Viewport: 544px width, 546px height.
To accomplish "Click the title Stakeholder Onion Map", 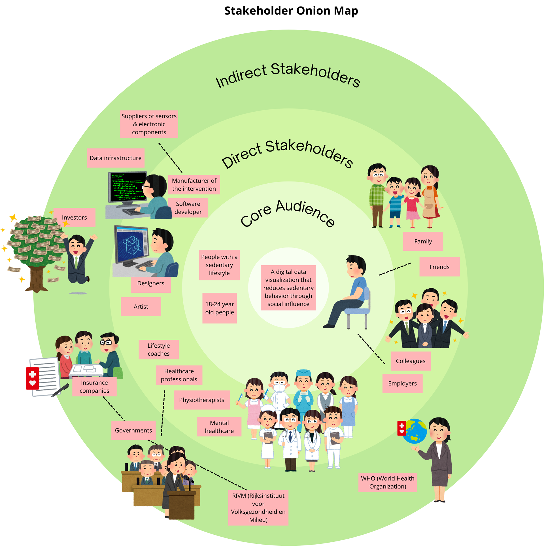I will point(291,11).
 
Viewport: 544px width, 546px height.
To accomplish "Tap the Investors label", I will point(74,217).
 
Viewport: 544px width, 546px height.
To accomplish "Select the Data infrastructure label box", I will point(115,158).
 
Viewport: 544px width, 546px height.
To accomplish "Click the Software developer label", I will point(188,208).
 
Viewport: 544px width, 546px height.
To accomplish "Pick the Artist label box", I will point(141,307).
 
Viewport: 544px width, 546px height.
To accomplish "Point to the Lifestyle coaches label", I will point(158,350).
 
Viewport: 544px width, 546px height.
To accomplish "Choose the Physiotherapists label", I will point(201,400).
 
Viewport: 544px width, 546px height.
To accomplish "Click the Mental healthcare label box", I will point(219,427).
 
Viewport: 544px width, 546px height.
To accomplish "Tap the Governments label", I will point(133,430).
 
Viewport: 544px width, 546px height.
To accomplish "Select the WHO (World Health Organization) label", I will point(387,482).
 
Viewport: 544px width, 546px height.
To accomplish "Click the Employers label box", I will point(402,383).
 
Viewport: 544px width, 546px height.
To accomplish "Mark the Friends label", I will point(439,267).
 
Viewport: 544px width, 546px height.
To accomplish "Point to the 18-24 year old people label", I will point(220,308).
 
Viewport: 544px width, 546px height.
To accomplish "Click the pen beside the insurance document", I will point(60,390).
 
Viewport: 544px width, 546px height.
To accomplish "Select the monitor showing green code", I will point(127,187).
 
